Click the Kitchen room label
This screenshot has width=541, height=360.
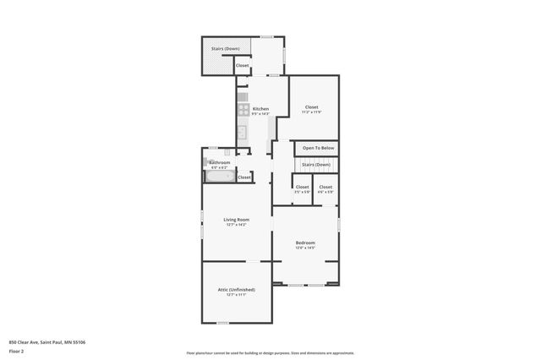[260, 109]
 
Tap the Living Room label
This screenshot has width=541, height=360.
[236, 220]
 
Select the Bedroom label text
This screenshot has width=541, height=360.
[305, 243]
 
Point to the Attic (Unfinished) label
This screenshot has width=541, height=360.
[236, 289]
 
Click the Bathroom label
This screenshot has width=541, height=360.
[220, 162]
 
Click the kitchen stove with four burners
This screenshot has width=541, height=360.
[243, 109]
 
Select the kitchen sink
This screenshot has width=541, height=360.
[241, 131]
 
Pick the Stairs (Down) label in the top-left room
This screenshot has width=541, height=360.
[224, 49]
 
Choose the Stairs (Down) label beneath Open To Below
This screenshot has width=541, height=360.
[316, 164]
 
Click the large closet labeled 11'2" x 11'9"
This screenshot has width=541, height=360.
[311, 107]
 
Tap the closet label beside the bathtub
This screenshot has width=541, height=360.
[244, 177]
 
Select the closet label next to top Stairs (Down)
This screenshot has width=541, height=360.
[242, 65]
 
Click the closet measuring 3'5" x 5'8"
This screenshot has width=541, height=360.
[302, 187]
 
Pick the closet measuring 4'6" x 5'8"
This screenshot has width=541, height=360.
[325, 187]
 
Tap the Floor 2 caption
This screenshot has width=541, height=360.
[17, 350]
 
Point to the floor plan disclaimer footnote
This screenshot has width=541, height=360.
[270, 353]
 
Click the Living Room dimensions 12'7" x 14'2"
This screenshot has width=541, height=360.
[236, 225]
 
